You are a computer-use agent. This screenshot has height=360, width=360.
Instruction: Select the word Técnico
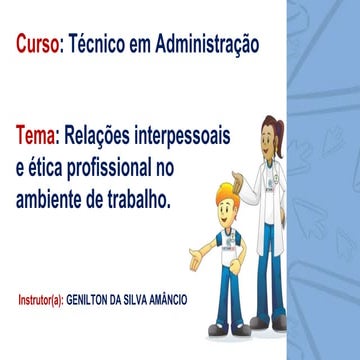coord(102,45)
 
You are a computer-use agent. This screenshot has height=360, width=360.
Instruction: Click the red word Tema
coord(38,134)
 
